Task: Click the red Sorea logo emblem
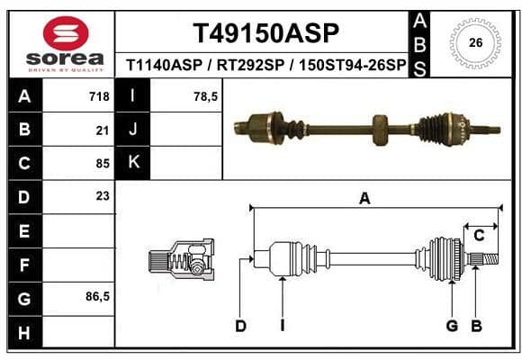[x=66, y=33]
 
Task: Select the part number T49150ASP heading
[x=265, y=33]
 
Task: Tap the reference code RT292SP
[x=250, y=65]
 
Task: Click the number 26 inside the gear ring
[x=475, y=42]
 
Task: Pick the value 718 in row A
[x=99, y=96]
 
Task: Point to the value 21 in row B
[x=103, y=130]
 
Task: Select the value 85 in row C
[x=103, y=164]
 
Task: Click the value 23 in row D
[x=103, y=196]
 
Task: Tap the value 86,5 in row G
[x=97, y=296]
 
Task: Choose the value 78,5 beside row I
[x=205, y=97]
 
